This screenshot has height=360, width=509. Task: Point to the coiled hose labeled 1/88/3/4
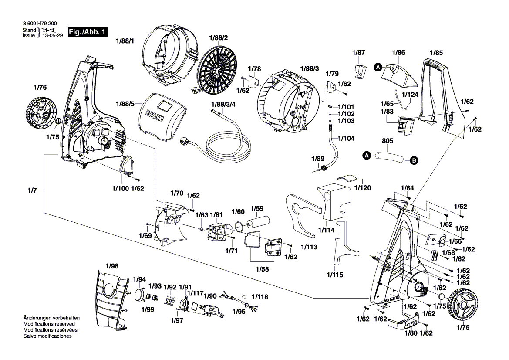[229, 146]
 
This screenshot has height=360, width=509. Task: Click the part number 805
[388, 142]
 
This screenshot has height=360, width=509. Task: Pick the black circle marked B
[414, 161]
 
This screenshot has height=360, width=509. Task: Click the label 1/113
[308, 247]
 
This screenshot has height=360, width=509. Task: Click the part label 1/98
[112, 266]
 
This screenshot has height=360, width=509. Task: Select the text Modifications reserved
[49, 324]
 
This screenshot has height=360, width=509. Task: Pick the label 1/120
[363, 188]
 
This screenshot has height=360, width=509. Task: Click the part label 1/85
[436, 53]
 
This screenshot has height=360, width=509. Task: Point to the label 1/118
[260, 297]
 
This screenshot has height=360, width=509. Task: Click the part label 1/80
[411, 333]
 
